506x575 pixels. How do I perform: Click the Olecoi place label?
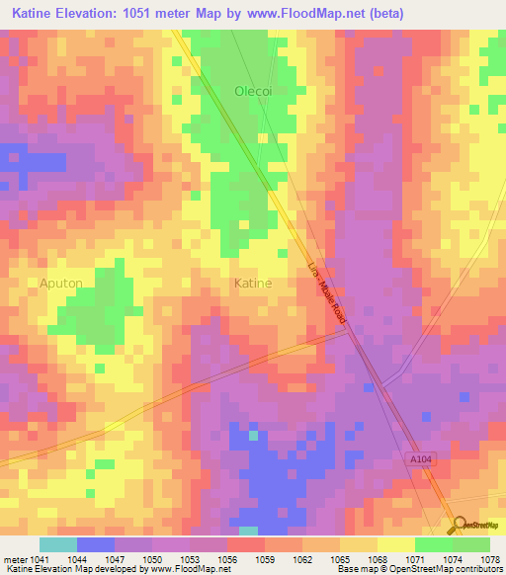click(252, 92)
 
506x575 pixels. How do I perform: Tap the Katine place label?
click(252, 284)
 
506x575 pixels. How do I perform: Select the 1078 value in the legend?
click(489, 557)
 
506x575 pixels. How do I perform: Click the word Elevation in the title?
click(100, 14)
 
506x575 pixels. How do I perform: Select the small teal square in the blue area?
click(253, 434)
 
